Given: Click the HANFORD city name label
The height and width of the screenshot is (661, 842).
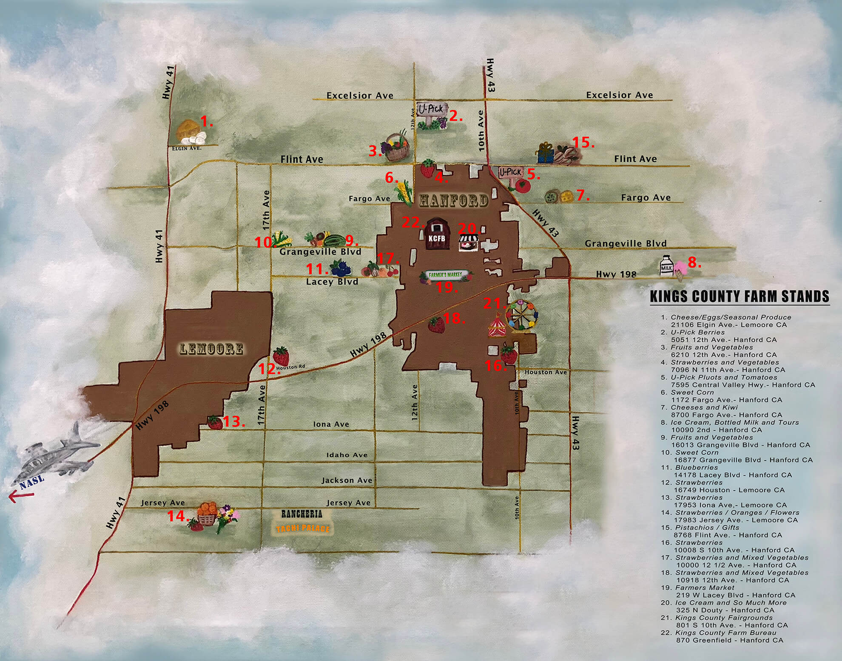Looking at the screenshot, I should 453,200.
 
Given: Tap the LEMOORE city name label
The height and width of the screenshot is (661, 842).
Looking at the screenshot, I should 211,349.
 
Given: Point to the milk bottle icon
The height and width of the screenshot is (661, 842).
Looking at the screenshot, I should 666,267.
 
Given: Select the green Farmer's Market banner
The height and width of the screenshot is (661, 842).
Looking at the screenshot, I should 445,275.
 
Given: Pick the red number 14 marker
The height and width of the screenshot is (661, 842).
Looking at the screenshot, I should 177,516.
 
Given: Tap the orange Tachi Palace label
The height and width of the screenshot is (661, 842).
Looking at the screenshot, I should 303,529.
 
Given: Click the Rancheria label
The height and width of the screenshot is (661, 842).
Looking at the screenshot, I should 302,514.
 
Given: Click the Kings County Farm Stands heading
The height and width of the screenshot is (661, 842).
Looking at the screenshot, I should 739,296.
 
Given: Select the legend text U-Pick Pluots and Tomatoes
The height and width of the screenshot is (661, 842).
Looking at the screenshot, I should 723,377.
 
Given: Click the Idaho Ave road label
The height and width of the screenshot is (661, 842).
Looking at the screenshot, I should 347,455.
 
